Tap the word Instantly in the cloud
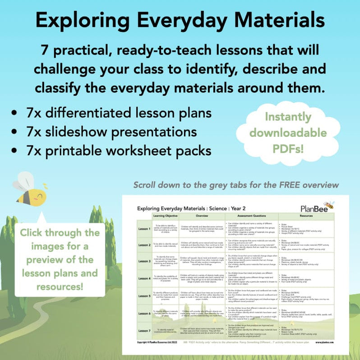[x=288, y=117]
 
